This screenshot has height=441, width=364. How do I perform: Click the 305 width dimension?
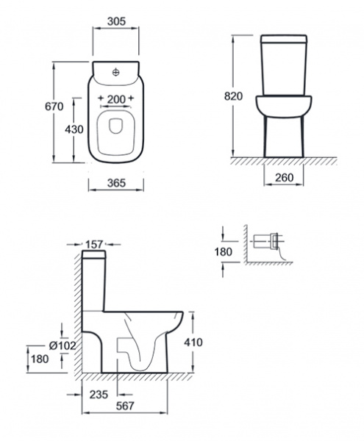tap(116, 21)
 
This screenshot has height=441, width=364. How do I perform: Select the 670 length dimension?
tap(54, 107)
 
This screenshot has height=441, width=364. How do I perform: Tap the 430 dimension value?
tap(74, 129)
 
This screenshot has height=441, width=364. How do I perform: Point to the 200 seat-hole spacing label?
tap(116, 99)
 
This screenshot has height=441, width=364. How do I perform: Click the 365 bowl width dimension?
tap(116, 183)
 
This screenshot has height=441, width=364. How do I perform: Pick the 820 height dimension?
tap(233, 96)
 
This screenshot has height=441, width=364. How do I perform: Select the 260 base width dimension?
tap(284, 177)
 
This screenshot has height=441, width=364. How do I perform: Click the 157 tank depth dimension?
tap(94, 245)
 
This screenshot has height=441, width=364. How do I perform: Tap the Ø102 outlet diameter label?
tap(63, 345)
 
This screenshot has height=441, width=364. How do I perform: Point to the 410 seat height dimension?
tap(193, 343)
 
